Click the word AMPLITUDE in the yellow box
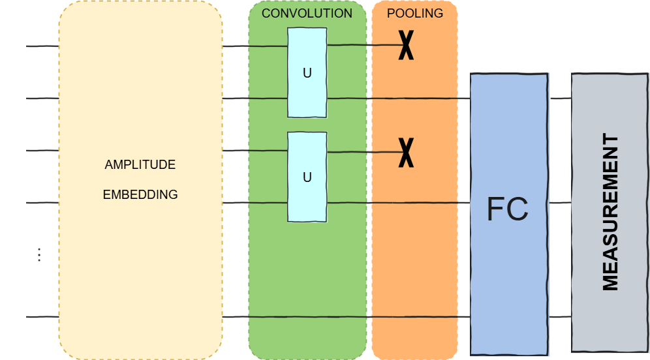pyautogui.click(x=140, y=165)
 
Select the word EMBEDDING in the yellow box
pyautogui.click(x=140, y=194)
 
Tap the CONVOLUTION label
pyautogui.click(x=307, y=14)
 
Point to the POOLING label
pyautogui.click(x=414, y=14)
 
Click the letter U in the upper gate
pyautogui.click(x=307, y=73)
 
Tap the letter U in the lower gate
pyautogui.click(x=307, y=177)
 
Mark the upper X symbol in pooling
pyautogui.click(x=406, y=46)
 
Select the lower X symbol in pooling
pyautogui.click(x=406, y=152)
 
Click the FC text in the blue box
pyautogui.click(x=508, y=209)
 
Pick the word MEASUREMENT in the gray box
pyautogui.click(x=610, y=212)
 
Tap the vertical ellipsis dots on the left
pyautogui.click(x=39, y=254)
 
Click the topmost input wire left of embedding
pyautogui.click(x=42, y=46)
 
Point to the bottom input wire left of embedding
pyautogui.click(x=42, y=317)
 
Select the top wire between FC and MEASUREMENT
pyautogui.click(x=560, y=98)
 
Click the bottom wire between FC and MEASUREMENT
pyautogui.click(x=560, y=317)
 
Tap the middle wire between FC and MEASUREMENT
pyautogui.click(x=560, y=203)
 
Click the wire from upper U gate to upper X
pyautogui.click(x=362, y=46)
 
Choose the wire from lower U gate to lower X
pyautogui.click(x=362, y=152)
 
